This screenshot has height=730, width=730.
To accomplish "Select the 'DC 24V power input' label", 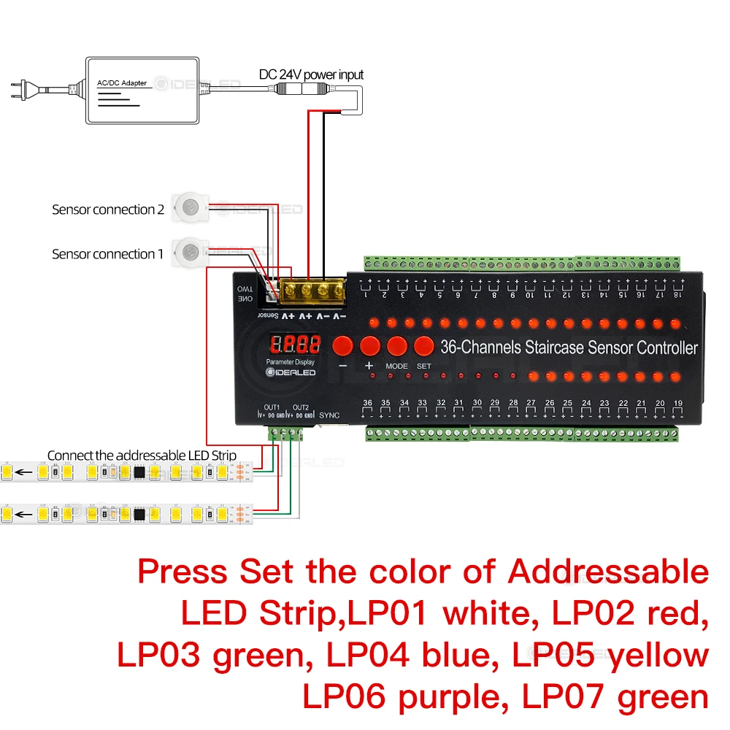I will click(311, 74).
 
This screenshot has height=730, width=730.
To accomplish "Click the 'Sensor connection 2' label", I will click(108, 210).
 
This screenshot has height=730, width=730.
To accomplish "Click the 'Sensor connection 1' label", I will click(108, 254).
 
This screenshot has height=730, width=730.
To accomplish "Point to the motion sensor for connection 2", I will click(191, 207).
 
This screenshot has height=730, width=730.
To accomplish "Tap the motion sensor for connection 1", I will click(191, 252).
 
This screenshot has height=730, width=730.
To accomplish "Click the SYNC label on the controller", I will click(330, 415).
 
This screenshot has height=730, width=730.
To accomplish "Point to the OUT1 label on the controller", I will click(272, 407).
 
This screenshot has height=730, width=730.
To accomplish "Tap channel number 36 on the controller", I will click(367, 403).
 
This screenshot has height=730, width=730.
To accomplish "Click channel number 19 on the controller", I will click(678, 403).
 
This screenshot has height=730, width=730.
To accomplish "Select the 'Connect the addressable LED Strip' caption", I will click(142, 456).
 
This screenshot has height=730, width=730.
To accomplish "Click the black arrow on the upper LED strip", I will click(24, 472).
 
